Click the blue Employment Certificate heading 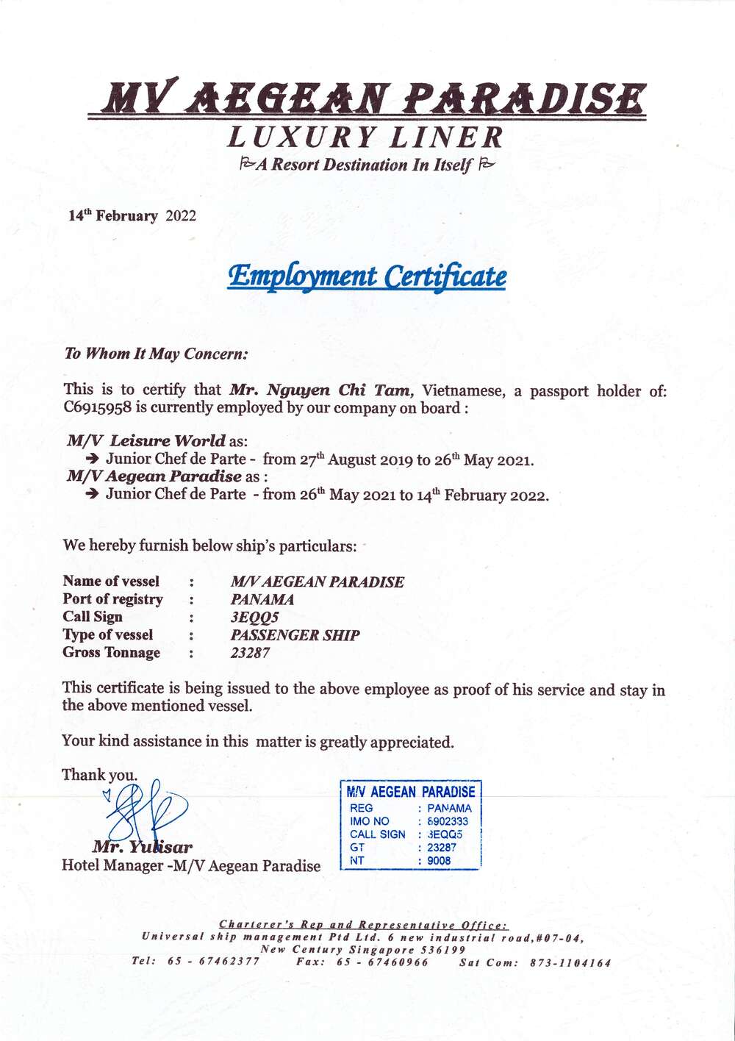tap(366, 276)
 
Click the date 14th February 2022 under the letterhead tap(132, 215)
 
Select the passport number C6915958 tap(97, 408)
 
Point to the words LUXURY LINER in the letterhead tap(365, 137)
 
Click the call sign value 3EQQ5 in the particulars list tap(254, 618)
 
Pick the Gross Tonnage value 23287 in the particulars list tap(250, 653)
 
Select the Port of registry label tap(112, 599)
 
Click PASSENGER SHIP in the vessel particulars tap(295, 635)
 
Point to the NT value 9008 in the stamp tap(439, 860)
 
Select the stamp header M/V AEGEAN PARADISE tap(410, 792)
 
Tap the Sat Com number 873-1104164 tap(570, 962)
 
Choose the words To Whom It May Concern tap(156, 354)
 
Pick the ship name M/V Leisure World tap(146, 441)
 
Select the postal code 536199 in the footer tap(441, 949)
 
